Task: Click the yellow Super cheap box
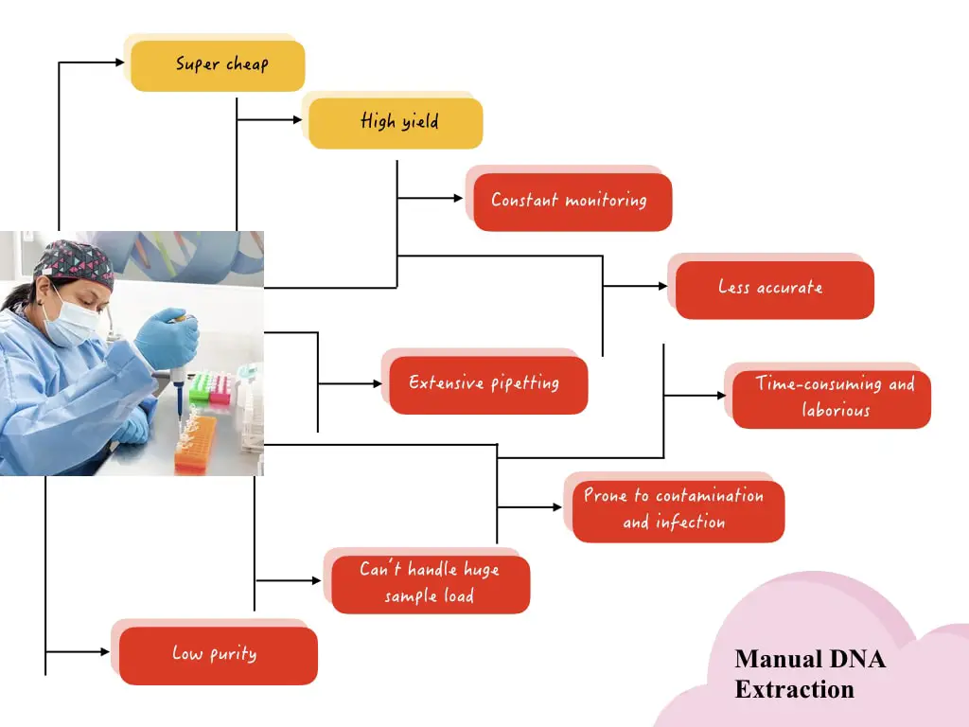[218, 65]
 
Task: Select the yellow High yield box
[396, 123]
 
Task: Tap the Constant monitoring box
[573, 202]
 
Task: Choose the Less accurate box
[774, 290]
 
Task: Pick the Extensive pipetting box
[488, 384]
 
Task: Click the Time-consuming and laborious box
[831, 399]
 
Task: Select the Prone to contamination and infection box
[678, 510]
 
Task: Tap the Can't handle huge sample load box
[431, 584]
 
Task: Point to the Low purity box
[219, 655]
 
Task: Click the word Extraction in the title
[794, 689]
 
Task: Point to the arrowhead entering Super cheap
[120, 62]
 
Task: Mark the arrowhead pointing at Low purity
[105, 651]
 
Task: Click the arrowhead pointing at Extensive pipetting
[378, 384]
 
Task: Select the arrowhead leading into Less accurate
[663, 286]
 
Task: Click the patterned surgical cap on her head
[74, 264]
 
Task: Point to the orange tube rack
[196, 444]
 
